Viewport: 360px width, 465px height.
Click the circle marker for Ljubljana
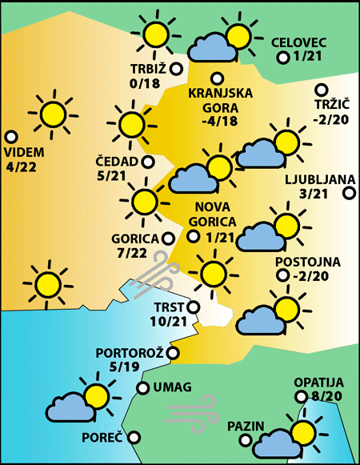[x=349, y=193]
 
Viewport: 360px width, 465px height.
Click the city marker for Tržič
[x=322, y=90]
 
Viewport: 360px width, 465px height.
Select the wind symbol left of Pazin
[x=186, y=411]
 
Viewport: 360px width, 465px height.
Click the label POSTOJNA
[x=307, y=262]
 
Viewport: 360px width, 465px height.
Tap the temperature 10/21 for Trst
[x=168, y=321]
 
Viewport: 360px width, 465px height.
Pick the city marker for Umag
[x=142, y=388]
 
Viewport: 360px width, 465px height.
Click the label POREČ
[x=102, y=438]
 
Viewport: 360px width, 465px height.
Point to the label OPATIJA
[x=318, y=383]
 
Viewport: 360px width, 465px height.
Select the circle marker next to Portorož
[x=174, y=352]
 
